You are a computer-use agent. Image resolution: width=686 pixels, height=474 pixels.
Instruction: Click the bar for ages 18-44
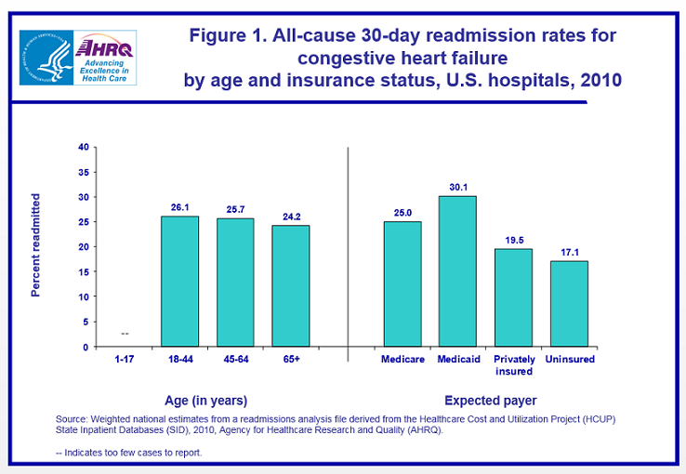pyautogui.click(x=179, y=282)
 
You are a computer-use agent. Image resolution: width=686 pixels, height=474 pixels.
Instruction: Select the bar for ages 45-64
pyautogui.click(x=235, y=283)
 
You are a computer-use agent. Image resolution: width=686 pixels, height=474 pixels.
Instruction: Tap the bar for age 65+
pyautogui.click(x=290, y=286)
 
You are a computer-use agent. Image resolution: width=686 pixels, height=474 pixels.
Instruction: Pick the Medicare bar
pyautogui.click(x=402, y=284)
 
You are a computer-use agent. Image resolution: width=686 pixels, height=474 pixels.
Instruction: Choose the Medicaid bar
pyautogui.click(x=457, y=271)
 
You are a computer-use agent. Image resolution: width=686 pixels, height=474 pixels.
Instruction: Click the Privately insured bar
pyautogui.click(x=513, y=297)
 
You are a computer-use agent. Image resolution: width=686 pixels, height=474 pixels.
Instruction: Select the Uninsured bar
pyautogui.click(x=569, y=304)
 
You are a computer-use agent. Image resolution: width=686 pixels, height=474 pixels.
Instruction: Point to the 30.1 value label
pyautogui.click(x=457, y=187)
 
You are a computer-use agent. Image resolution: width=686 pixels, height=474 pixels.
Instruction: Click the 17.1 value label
pyautogui.click(x=569, y=252)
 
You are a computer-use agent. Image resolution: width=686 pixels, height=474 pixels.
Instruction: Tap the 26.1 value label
pyautogui.click(x=179, y=207)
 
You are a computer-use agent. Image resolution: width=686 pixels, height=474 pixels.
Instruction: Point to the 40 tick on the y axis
pyautogui.click(x=84, y=147)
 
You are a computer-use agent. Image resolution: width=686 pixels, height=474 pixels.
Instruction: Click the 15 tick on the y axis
pyautogui.click(x=84, y=272)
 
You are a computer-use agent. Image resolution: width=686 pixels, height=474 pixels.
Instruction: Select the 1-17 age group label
pyautogui.click(x=124, y=359)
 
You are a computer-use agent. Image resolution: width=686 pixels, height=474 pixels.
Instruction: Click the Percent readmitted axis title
pyautogui.click(x=36, y=245)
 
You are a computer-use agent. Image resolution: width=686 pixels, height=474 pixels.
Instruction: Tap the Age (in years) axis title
pyautogui.click(x=206, y=401)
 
